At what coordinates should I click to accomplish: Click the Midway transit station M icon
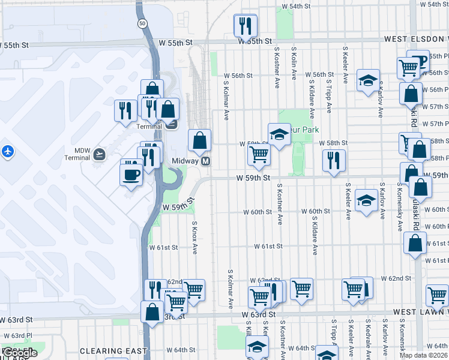coord(206,161)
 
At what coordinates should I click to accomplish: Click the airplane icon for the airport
coord(8,151)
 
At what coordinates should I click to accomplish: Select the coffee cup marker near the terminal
coord(131,175)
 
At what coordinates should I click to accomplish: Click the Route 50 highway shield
coord(141,23)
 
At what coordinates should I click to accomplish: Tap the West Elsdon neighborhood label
coord(415,39)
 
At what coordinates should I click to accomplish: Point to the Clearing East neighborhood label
coord(113,351)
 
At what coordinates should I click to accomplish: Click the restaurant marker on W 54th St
coord(245,26)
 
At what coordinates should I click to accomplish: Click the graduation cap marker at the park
coord(279,134)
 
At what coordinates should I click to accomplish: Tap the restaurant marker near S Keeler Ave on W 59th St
coord(334,160)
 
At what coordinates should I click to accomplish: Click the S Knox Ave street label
coord(194,237)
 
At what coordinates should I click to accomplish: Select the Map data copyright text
coord(423,355)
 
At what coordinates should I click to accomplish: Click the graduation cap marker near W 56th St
coord(367,81)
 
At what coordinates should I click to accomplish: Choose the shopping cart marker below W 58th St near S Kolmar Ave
coord(259,154)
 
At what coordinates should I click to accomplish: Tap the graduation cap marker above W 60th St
coord(366,201)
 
